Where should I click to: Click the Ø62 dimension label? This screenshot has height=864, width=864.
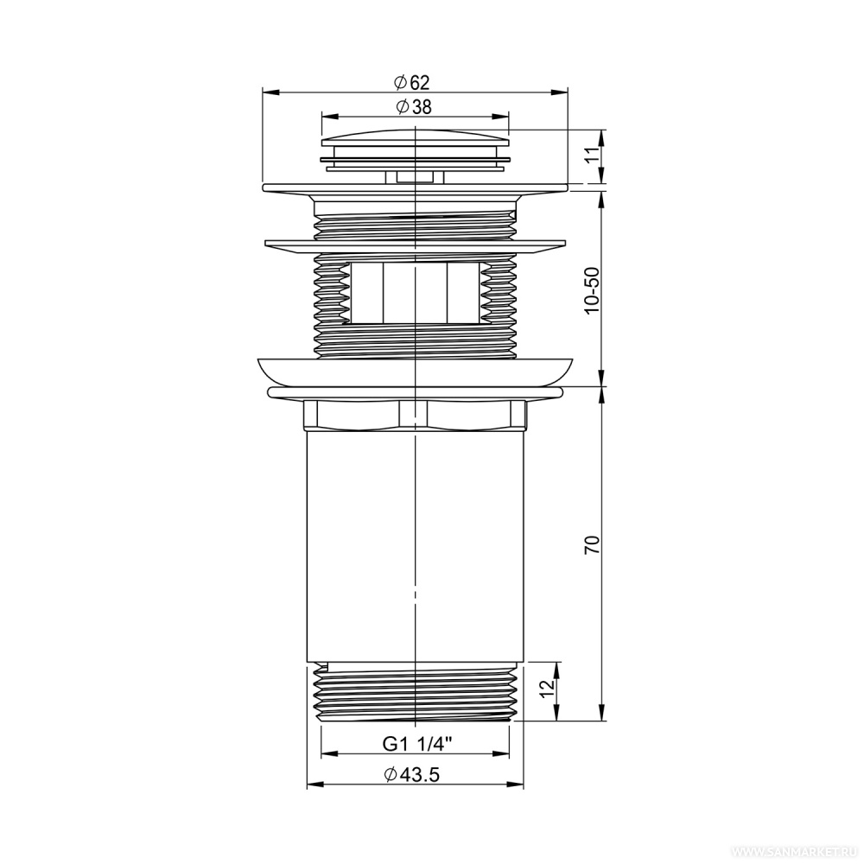[x=411, y=83]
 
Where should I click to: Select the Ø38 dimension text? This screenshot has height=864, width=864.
[x=413, y=107]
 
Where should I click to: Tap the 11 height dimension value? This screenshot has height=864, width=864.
[x=592, y=156]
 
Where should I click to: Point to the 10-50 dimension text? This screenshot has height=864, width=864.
[x=593, y=290]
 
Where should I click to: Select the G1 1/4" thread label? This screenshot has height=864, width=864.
[x=417, y=744]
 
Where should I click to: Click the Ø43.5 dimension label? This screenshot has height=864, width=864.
[x=411, y=775]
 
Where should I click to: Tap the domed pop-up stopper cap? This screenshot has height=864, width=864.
[x=415, y=138]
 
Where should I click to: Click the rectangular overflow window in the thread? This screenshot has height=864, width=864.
[x=415, y=293]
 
